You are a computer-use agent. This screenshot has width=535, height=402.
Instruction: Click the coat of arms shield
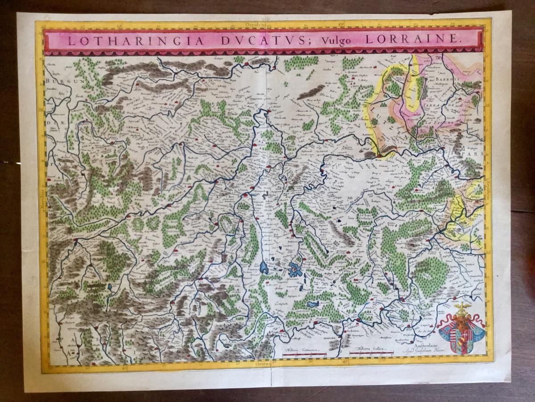tap(461, 332)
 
